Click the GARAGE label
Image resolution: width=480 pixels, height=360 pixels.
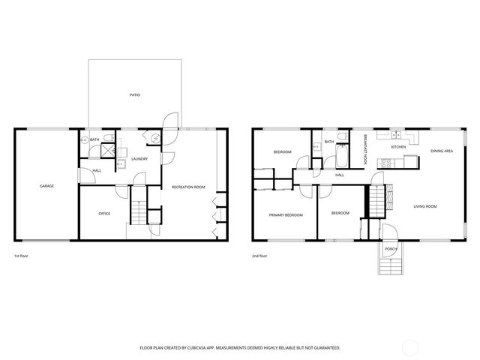[46, 186]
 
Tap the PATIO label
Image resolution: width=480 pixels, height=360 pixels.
[134, 95]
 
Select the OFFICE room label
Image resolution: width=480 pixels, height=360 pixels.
[104, 214]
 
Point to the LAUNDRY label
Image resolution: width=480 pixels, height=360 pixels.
[139, 159]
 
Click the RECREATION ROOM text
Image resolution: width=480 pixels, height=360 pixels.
[188, 186]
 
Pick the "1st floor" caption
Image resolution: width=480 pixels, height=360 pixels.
[21, 256]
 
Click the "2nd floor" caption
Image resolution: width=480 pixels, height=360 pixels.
[259, 256]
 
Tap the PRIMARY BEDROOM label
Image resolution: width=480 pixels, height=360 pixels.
[286, 215]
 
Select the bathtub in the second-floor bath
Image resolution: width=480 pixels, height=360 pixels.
[340, 158]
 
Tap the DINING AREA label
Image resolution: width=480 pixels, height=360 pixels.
[441, 151]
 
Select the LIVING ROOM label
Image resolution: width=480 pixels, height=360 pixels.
[425, 206]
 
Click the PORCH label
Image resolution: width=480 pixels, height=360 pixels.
[390, 248]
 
